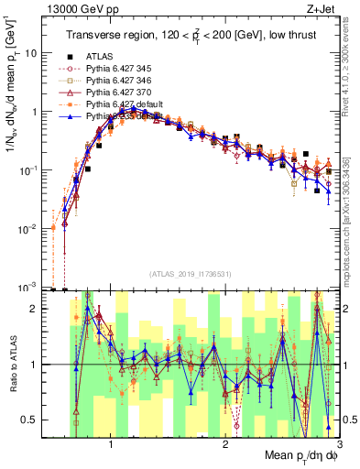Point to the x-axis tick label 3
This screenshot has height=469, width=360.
(339, 446)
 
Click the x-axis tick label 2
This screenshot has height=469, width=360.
(225, 446)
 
